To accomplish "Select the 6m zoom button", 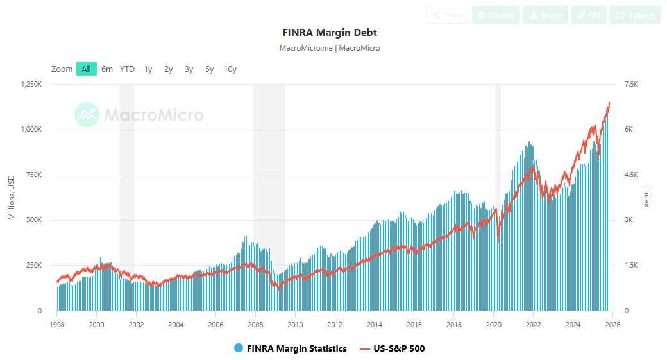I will [x=107, y=69].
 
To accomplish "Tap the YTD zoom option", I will [x=127, y=69].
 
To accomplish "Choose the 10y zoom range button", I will [x=230, y=69].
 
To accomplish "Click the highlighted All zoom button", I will [x=86, y=69].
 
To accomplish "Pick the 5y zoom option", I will [x=210, y=69].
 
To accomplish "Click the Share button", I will [x=447, y=15].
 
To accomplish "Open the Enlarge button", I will [x=635, y=15].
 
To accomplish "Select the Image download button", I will [x=545, y=15].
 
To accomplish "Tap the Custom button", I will [x=495, y=15].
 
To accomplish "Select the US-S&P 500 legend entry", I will [x=393, y=348].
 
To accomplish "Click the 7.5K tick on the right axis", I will [x=631, y=85].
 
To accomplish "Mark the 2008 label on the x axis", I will [x=255, y=324].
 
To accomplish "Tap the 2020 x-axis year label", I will [x=494, y=324].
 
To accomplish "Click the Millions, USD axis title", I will [x=12, y=198].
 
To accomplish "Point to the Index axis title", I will [x=646, y=198].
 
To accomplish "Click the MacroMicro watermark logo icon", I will [x=87, y=115].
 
